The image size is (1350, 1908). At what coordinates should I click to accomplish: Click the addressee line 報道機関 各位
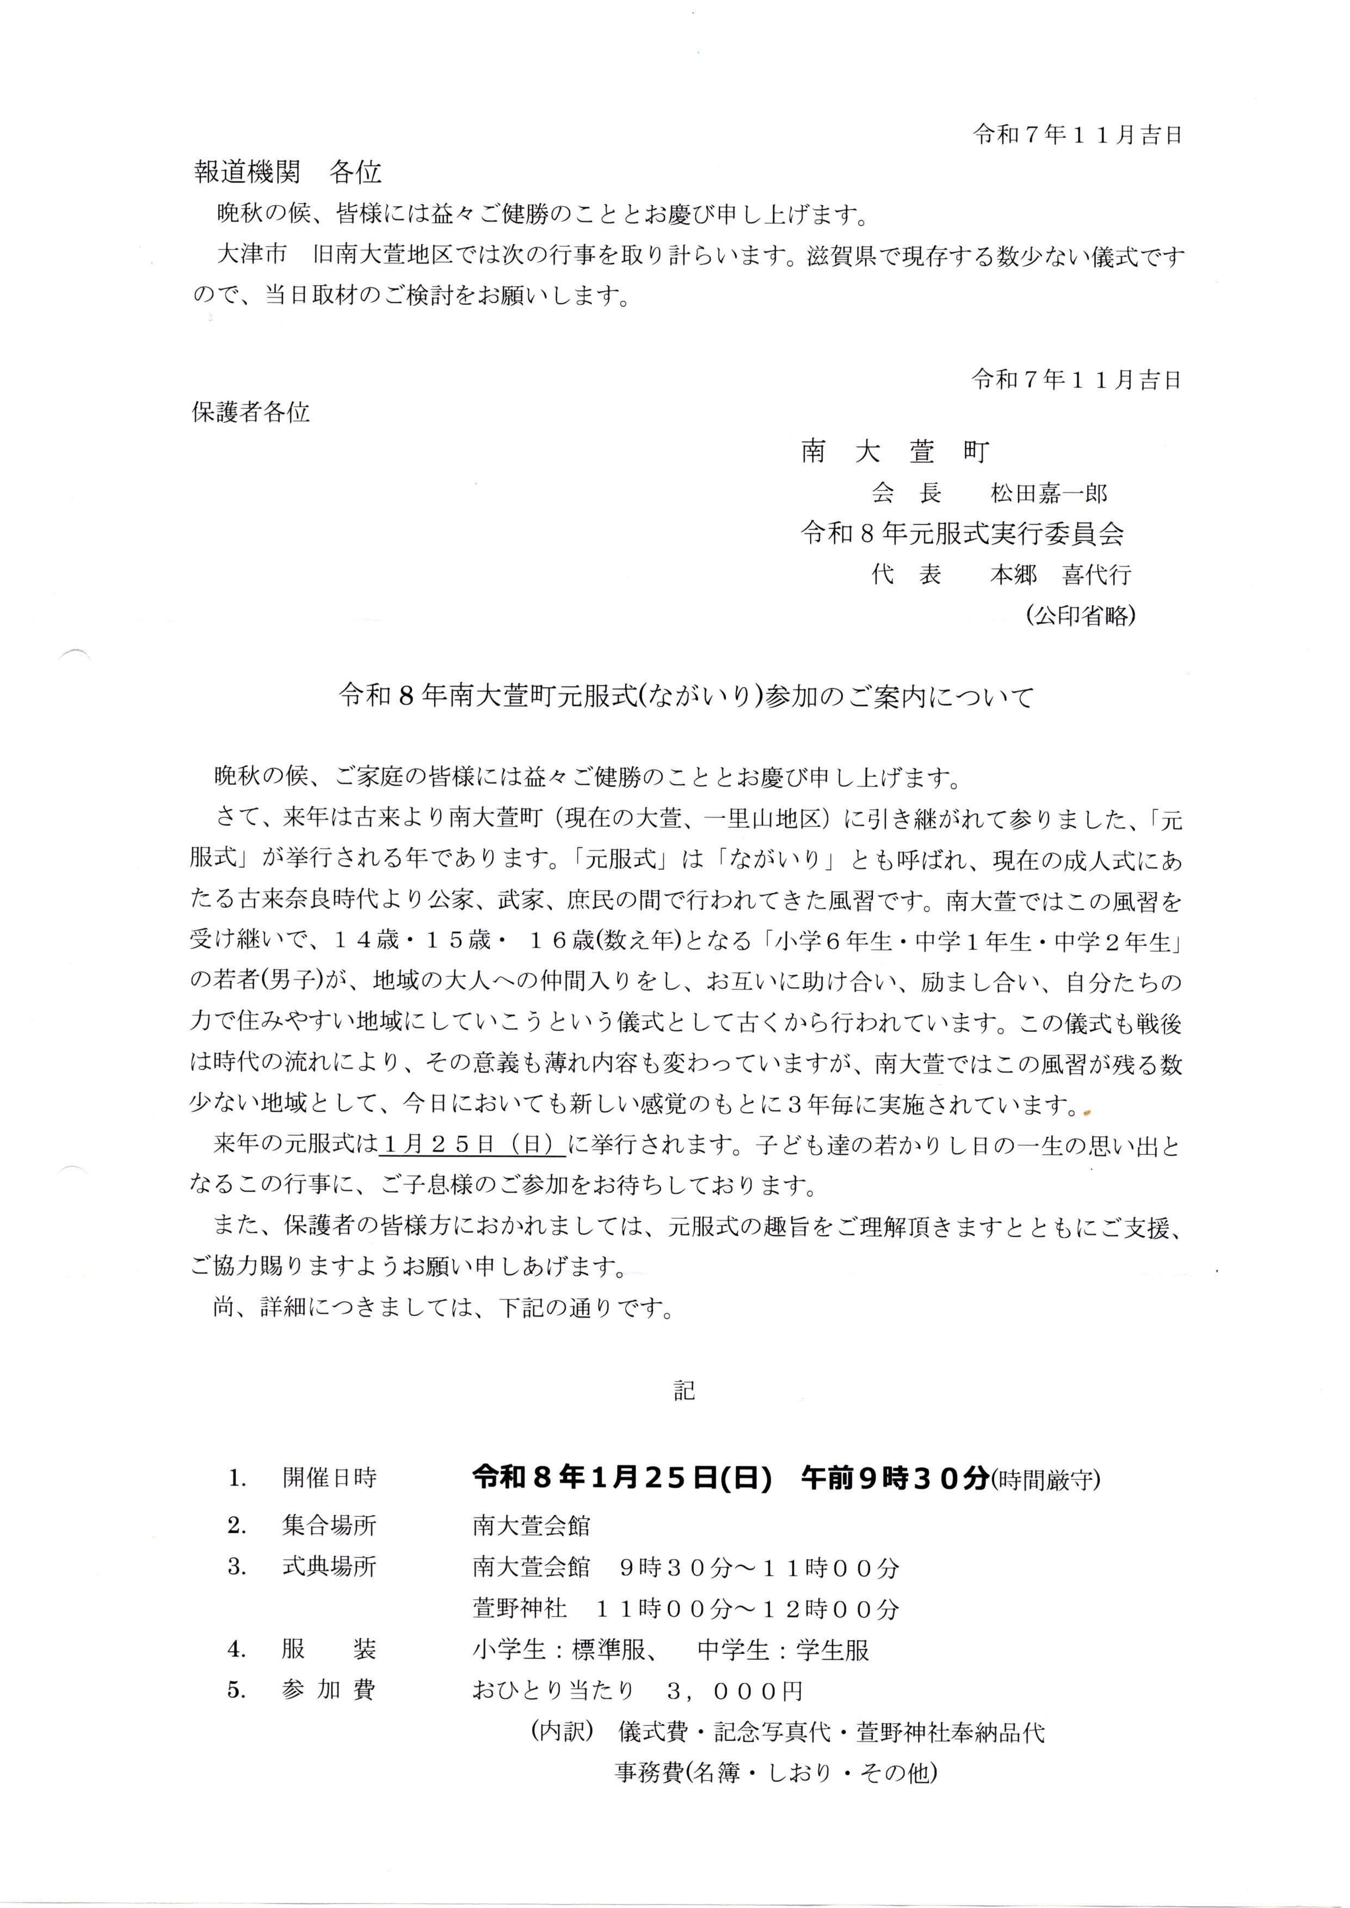click(x=288, y=171)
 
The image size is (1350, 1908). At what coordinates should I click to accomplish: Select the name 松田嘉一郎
click(x=1049, y=494)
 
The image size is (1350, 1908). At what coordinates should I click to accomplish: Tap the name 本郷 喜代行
click(x=1060, y=575)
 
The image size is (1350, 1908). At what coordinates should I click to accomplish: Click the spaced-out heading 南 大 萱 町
click(x=895, y=452)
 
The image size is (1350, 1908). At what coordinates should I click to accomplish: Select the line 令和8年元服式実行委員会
click(x=962, y=534)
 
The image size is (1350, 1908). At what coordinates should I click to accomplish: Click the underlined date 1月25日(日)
click(x=471, y=1144)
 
